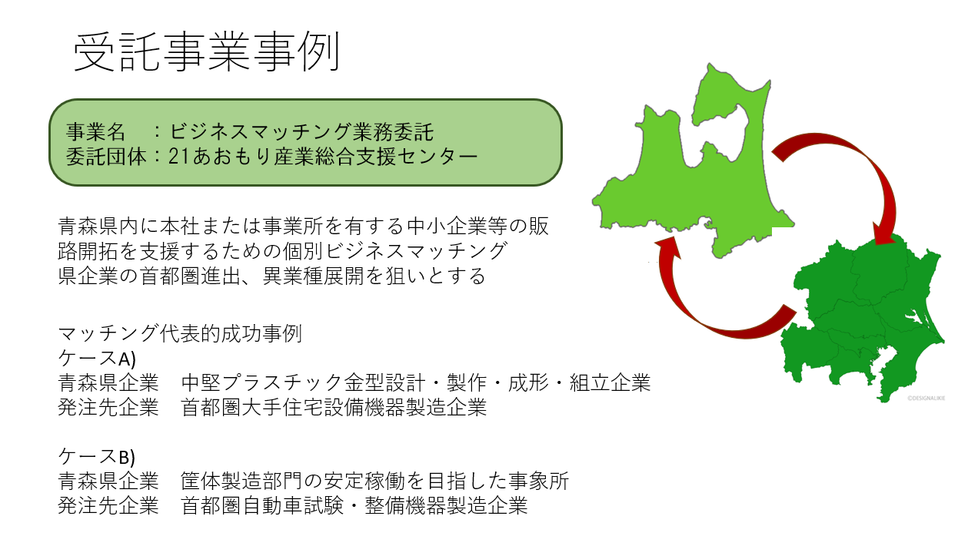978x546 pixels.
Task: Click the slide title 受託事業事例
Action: tap(207, 52)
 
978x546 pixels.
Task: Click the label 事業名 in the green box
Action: tap(96, 132)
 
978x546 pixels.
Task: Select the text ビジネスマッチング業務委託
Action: tap(301, 132)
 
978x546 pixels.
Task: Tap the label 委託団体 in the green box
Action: tap(105, 157)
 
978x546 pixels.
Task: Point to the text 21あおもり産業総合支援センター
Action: tap(324, 157)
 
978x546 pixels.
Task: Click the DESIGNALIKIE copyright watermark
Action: tap(926, 398)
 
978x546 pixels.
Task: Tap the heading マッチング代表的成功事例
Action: tap(180, 334)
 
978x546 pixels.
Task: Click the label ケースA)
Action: tap(97, 359)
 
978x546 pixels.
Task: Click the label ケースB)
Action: tap(97, 457)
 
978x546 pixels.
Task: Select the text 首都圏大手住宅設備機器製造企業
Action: tap(334, 408)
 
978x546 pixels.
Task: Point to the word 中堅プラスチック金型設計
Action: tap(303, 383)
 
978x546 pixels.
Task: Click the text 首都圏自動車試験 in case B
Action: tap(262, 506)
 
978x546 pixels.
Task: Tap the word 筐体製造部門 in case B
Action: tap(241, 481)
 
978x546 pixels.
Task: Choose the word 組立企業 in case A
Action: tap(610, 383)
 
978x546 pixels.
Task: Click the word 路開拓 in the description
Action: tap(88, 251)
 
